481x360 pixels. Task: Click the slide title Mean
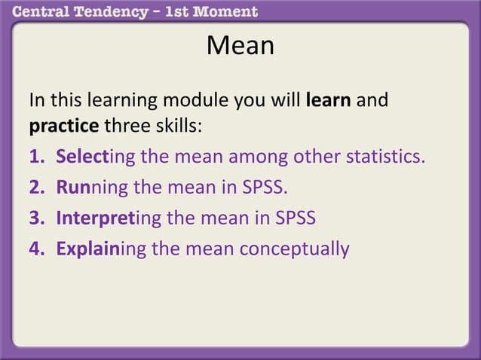240,47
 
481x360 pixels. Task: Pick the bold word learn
329,100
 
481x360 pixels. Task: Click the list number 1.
35,158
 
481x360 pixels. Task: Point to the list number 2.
35,188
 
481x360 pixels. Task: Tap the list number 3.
35,218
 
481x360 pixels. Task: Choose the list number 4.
35,248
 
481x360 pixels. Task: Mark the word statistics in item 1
384,158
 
